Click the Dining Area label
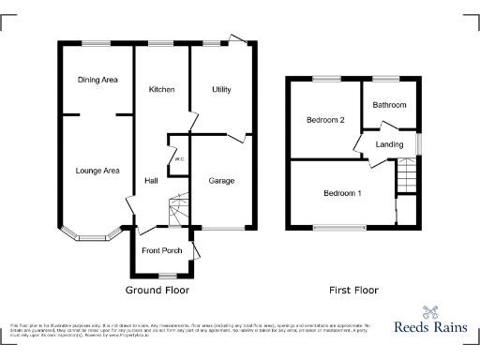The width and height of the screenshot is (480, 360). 97,81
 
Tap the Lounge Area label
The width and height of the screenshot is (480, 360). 97,171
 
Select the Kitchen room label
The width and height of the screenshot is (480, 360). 162,89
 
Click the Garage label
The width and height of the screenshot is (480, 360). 221,180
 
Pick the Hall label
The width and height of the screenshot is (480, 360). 150,180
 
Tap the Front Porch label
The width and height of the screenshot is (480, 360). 161,250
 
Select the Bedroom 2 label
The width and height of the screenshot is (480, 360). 324,120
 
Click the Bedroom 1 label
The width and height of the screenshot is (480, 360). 342,193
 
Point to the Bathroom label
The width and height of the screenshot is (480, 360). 389,105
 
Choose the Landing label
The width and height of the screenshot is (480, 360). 389,144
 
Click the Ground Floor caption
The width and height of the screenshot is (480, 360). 157,291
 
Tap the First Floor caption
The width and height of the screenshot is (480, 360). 353,291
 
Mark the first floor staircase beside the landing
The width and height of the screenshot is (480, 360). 406,175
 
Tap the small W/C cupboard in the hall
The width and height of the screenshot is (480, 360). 177,158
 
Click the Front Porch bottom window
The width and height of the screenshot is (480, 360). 167,276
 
